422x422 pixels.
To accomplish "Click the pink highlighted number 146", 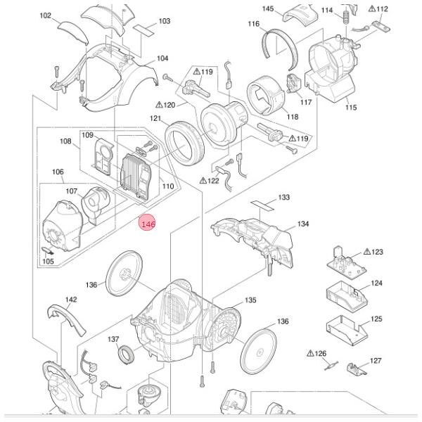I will [148, 224].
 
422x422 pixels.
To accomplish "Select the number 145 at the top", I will [268, 8].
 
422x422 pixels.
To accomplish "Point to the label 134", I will [302, 224].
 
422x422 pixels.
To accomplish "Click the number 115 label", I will [351, 108].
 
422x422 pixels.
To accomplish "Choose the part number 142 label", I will [71, 300].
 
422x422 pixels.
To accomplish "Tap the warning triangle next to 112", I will [373, 9].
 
